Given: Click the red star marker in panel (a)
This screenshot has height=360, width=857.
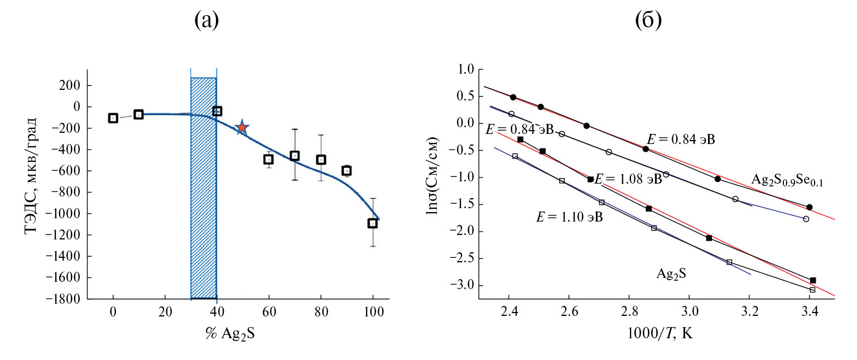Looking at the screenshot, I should (x=242, y=127).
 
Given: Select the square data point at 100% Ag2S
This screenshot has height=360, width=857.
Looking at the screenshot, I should (x=372, y=223).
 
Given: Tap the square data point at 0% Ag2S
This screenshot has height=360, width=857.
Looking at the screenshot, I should (x=113, y=118).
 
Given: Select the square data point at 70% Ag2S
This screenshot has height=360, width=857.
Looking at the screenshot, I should (x=295, y=156).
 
